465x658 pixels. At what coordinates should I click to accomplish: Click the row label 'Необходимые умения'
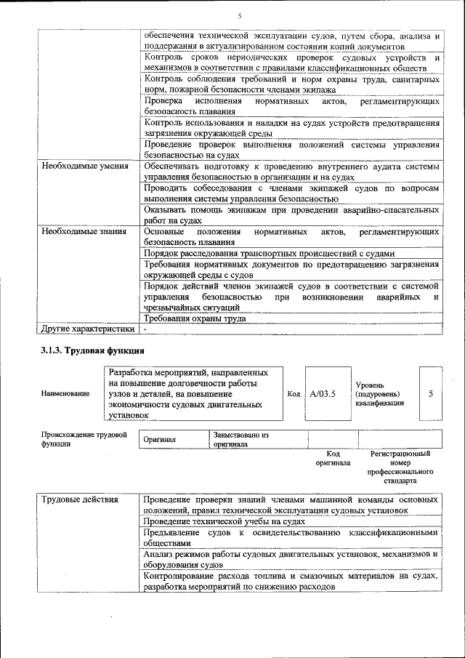[x=84, y=166]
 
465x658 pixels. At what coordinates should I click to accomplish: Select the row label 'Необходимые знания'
[x=84, y=232]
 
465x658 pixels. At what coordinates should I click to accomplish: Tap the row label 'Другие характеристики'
[x=88, y=329]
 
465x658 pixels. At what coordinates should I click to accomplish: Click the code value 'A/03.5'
[x=322, y=393]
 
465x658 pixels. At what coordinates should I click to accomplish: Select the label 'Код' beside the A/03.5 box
[x=294, y=393]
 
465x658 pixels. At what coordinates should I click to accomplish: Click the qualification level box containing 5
[x=431, y=393]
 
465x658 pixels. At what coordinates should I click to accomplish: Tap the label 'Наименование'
[x=65, y=393]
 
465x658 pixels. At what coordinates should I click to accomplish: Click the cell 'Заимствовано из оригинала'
[x=240, y=439]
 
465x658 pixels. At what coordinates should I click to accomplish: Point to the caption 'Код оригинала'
[x=333, y=458]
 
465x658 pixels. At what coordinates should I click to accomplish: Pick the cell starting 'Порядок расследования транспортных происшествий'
[x=270, y=254]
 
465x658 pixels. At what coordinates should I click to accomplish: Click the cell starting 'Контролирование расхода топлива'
[x=291, y=581]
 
